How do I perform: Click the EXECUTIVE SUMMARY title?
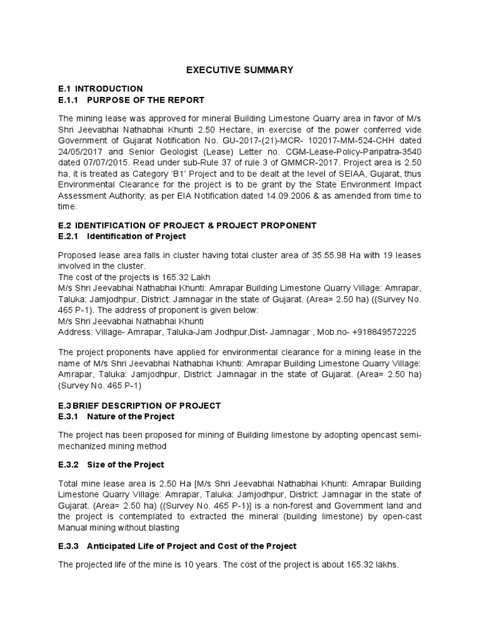240,70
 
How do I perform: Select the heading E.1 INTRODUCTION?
100,89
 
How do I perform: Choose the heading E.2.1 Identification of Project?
122,236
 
